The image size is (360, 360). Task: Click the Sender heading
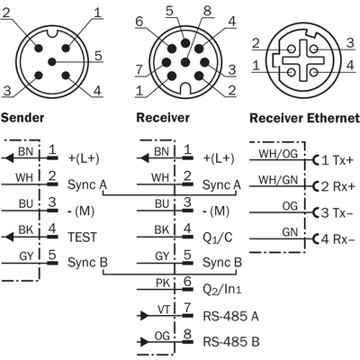(22, 117)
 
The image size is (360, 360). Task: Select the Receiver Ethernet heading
(304, 118)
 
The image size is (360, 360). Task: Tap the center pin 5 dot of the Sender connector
(52, 62)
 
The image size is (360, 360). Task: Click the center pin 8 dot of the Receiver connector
(186, 62)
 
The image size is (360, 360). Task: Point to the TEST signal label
(83, 237)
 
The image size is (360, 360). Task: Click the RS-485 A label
(230, 316)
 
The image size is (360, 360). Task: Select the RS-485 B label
(231, 342)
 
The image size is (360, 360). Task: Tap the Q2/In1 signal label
(222, 289)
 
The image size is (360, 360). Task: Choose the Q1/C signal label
(218, 238)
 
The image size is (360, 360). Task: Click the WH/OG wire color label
(278, 154)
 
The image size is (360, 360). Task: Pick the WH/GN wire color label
(278, 180)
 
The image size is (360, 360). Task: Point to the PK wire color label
(163, 283)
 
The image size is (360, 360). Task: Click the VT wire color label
(164, 309)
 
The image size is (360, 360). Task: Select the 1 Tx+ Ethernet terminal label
(337, 160)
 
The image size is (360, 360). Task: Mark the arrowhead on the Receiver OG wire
(144, 341)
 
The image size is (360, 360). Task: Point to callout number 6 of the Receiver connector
(139, 22)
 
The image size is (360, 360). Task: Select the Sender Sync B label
(87, 263)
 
